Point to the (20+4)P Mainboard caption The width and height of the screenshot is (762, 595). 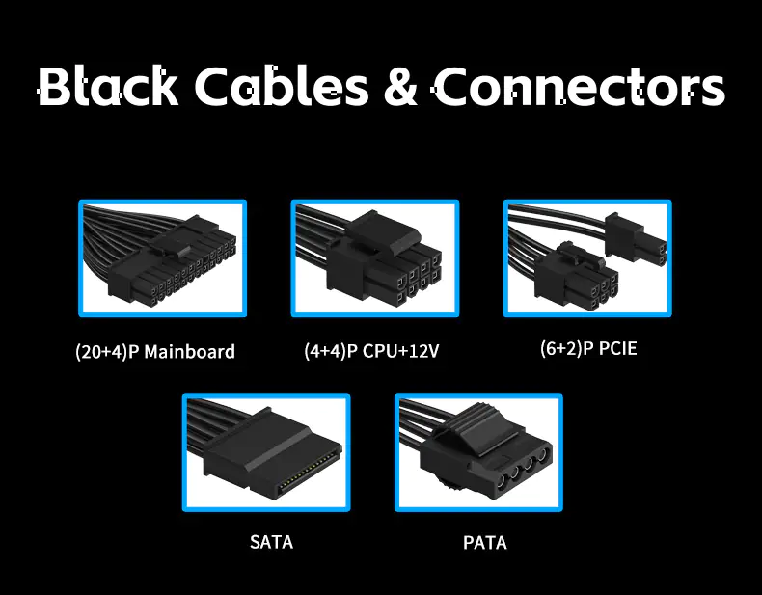155,352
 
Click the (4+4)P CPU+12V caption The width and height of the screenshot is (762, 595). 371,351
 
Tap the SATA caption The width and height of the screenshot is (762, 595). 271,542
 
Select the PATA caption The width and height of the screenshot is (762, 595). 484,543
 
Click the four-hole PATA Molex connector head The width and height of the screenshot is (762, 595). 502,459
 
